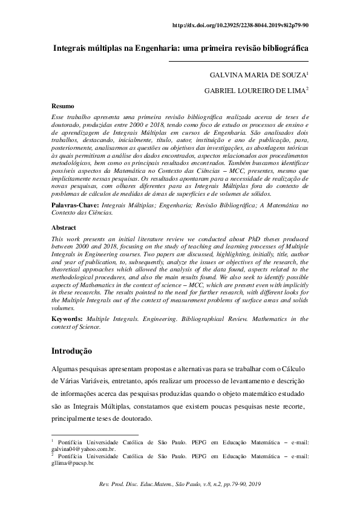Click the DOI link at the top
point(241,26)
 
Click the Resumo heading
point(62,106)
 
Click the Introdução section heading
point(71,350)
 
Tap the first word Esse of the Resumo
point(57,116)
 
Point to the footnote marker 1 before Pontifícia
point(53,441)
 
